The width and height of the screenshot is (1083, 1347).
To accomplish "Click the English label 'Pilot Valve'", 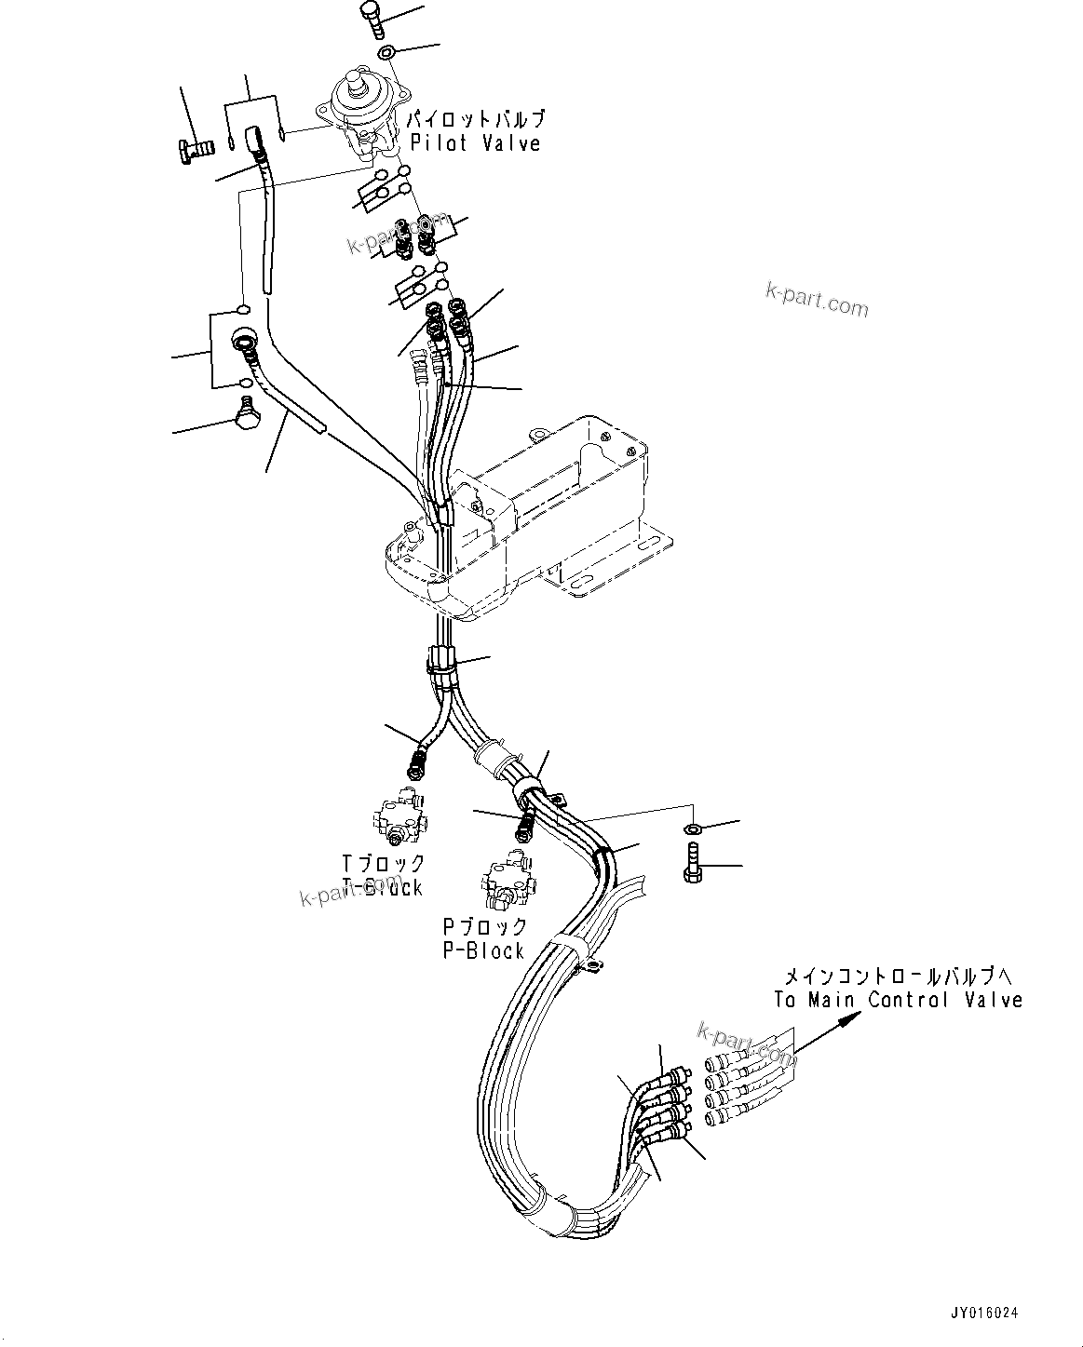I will (x=475, y=143).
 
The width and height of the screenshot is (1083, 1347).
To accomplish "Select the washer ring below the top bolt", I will (x=388, y=51).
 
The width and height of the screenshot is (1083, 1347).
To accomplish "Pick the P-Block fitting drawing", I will (x=508, y=884).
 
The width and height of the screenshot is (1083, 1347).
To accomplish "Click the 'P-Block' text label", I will (x=483, y=950).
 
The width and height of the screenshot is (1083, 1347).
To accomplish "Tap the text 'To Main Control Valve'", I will (x=898, y=1000).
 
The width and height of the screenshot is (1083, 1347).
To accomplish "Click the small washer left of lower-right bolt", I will (x=693, y=828).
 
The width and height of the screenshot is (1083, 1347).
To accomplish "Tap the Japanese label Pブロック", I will (x=484, y=927).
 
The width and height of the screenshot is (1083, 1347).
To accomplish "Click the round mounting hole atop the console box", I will (x=537, y=435).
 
